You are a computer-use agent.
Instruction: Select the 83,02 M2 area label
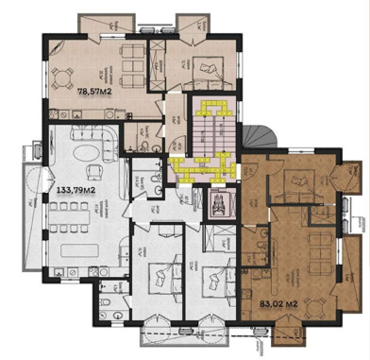pyautogui.click(x=278, y=303)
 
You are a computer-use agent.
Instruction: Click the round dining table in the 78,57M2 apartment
pyautogui.click(x=64, y=77)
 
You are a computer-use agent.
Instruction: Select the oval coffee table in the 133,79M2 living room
pyautogui.click(x=74, y=151)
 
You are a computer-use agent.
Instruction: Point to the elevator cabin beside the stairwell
pyautogui.click(x=218, y=203)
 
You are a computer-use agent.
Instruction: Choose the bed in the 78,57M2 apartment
pyautogui.click(x=206, y=65)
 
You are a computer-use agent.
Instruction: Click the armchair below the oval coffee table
pyautogui.click(x=93, y=171)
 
